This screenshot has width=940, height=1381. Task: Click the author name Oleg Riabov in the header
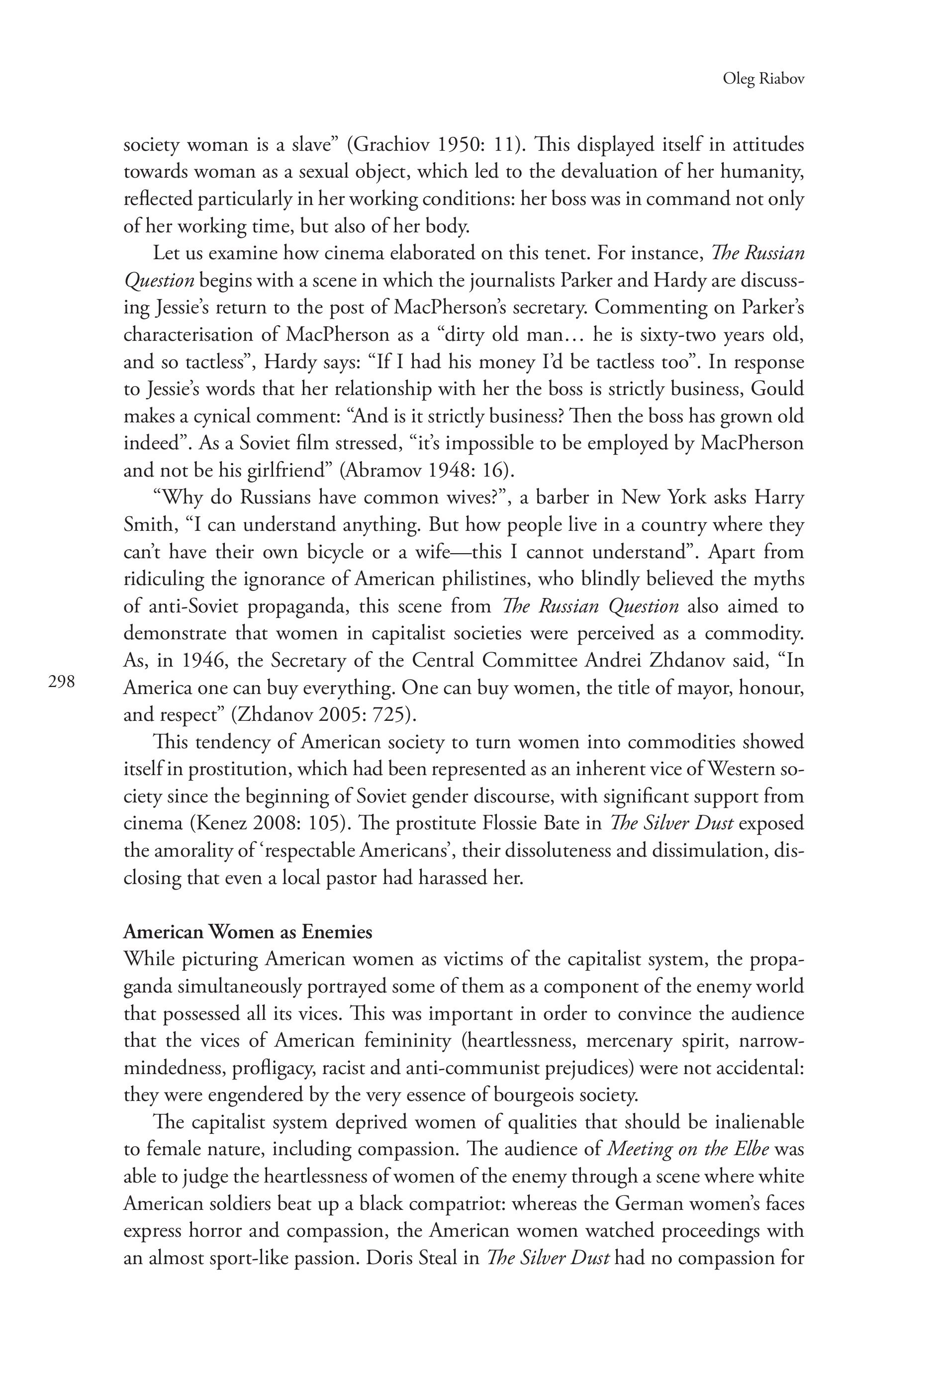click(x=763, y=79)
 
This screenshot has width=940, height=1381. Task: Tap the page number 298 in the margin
click(x=62, y=682)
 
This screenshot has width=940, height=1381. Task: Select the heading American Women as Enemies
click(x=248, y=931)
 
